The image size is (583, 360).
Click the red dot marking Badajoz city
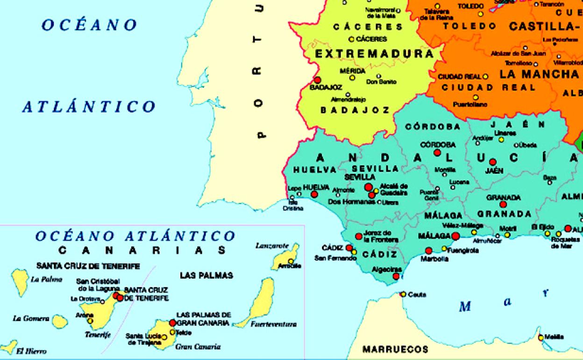(317, 80)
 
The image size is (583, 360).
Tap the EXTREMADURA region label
(374, 54)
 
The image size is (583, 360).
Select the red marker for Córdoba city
(437, 152)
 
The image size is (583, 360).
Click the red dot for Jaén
(492, 162)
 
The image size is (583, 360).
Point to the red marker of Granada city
(503, 204)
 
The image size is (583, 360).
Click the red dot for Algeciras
(396, 276)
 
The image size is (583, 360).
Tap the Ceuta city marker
(403, 294)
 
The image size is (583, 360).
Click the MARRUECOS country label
(395, 349)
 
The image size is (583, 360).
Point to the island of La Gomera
(59, 321)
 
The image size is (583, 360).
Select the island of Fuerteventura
(260, 302)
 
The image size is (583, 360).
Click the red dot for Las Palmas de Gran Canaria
(172, 323)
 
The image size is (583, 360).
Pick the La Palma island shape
(20, 282)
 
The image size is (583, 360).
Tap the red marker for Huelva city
(314, 194)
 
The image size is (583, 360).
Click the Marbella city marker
(428, 251)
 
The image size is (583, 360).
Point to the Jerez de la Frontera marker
(358, 236)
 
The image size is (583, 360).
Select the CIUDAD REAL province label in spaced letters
(482, 87)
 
